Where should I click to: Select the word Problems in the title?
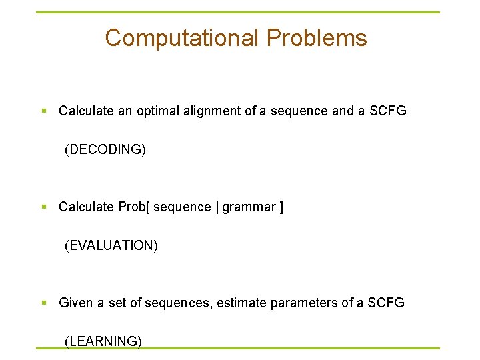(x=317, y=38)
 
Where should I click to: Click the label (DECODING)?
(x=105, y=149)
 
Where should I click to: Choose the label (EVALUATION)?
(x=111, y=245)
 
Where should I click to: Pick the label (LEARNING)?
(x=103, y=341)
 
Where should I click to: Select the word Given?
(x=76, y=303)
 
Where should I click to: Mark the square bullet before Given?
(x=44, y=303)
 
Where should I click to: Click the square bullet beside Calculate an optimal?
(x=44, y=111)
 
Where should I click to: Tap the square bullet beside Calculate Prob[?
(x=44, y=207)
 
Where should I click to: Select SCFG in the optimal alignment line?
(x=387, y=111)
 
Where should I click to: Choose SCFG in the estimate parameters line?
(x=385, y=303)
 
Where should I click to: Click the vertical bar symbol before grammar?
(x=217, y=207)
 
